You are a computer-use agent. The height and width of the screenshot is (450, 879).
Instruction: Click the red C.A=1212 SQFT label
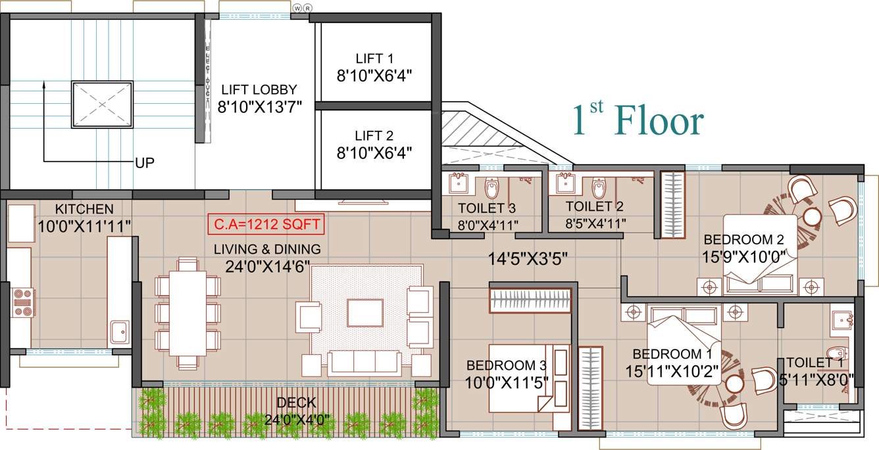266,225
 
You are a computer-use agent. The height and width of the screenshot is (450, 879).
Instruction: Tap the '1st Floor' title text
638,121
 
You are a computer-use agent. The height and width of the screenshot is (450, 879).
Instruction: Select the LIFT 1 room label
374,58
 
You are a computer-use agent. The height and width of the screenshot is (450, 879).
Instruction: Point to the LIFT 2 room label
374,136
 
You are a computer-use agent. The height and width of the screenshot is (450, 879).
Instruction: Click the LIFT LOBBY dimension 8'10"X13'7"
259,107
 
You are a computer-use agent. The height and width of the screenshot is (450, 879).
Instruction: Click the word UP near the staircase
145,163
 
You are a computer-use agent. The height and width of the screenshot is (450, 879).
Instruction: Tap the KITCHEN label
84,209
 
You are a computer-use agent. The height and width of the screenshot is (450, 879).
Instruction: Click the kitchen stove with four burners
23,302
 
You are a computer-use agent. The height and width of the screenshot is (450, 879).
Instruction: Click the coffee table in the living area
365,313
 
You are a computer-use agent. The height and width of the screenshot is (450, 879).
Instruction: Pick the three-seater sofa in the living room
364,363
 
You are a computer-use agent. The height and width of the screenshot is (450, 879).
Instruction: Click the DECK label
295,403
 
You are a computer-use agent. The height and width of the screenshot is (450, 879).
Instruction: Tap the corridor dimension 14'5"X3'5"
528,258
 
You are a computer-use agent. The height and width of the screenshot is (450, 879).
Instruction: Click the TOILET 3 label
486,210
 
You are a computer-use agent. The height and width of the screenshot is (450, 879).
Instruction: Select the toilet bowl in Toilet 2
598,189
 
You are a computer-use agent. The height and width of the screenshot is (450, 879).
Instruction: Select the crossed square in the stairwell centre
102,104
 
